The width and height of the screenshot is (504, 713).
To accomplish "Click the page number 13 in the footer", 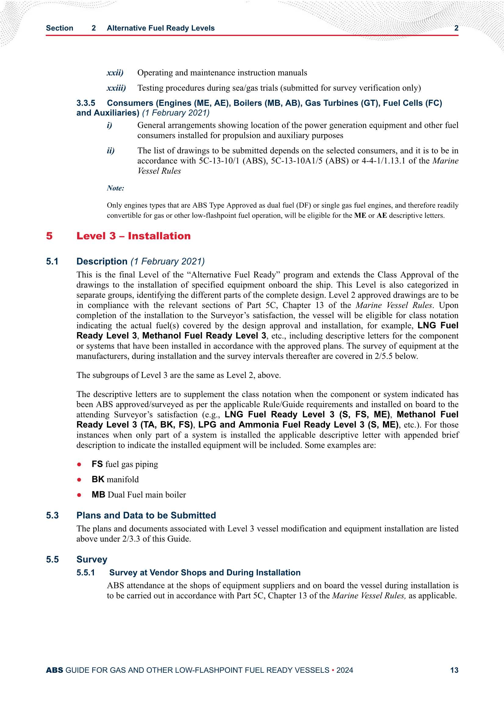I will click(x=454, y=670).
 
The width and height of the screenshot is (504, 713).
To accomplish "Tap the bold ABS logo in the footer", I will click(x=54, y=670).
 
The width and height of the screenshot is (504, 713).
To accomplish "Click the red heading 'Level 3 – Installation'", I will click(x=133, y=236).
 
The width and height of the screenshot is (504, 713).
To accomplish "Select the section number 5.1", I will click(x=52, y=261).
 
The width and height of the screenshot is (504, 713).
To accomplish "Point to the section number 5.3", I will click(x=52, y=515).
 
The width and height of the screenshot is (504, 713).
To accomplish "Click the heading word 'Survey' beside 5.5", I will click(x=91, y=560).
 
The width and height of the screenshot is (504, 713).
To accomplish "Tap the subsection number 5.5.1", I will click(x=85, y=573).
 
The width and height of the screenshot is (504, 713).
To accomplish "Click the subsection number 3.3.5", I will click(x=86, y=103).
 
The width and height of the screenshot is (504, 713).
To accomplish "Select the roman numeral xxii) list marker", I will click(x=115, y=73).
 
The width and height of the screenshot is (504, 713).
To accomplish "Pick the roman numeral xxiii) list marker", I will click(x=116, y=88).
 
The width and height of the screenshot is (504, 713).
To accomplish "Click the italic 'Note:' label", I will click(x=115, y=188).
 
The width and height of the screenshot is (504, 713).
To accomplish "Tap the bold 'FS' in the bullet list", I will click(x=97, y=464).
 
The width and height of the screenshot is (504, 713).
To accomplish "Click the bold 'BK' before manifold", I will click(x=98, y=479).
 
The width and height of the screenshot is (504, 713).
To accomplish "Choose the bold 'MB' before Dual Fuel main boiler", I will click(x=98, y=495).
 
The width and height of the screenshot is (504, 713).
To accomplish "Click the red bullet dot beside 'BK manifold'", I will click(x=79, y=480).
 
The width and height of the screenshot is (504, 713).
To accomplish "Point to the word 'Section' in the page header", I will click(x=59, y=28).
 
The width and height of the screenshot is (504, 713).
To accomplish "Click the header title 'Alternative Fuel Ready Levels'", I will click(x=161, y=28).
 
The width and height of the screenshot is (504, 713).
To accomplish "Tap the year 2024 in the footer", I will click(x=345, y=670).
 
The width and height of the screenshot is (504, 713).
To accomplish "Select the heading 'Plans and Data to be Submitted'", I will click(x=146, y=515).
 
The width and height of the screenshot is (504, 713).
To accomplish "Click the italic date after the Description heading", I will click(x=167, y=261).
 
